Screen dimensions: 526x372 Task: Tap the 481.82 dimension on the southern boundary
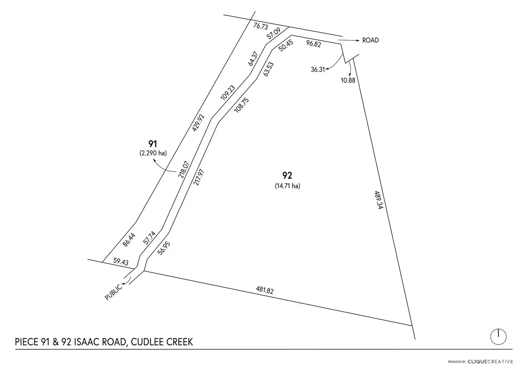point(265,290)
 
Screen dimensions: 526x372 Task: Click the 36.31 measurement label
point(317,70)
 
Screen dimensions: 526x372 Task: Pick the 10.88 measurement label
point(348,80)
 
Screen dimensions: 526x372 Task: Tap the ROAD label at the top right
point(370,40)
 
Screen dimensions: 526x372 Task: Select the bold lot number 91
point(153,144)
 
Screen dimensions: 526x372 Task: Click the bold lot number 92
point(287,175)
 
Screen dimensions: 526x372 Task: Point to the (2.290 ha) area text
point(153,153)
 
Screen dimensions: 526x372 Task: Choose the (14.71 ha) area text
point(287,186)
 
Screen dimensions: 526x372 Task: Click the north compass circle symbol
point(498,337)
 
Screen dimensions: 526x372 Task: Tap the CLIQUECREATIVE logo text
point(490,362)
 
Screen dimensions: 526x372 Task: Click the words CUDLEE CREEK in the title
point(162,342)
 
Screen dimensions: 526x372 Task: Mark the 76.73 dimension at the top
point(260,26)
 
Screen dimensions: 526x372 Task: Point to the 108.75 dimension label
point(242,105)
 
